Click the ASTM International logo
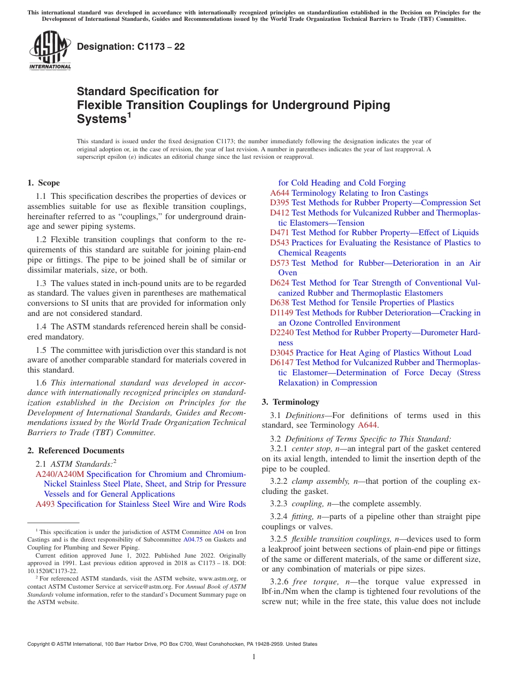click(49, 51)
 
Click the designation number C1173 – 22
click(130, 47)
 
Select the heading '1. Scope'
click(44, 183)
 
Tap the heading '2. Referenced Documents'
click(75, 451)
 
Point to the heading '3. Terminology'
click(290, 402)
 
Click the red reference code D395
click(280, 203)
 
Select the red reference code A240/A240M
click(60, 474)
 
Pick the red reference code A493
click(45, 504)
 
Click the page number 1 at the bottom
click(254, 656)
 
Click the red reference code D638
click(280, 303)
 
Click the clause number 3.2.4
click(279, 516)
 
